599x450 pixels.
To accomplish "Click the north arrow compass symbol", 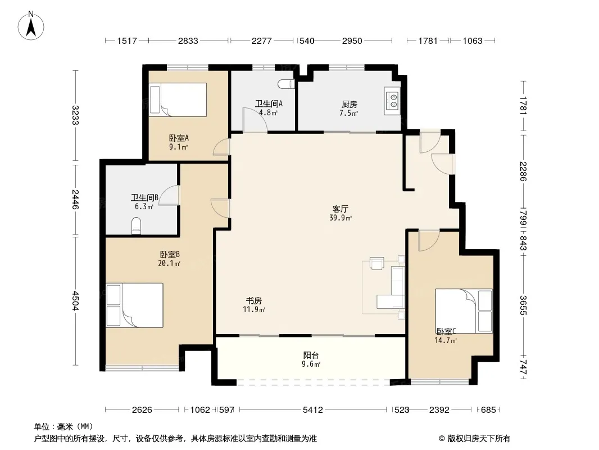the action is point(31,26).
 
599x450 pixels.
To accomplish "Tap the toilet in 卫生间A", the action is point(287,84).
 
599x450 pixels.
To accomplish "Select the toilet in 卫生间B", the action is point(137,226).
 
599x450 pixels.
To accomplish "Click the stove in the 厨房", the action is point(392,100).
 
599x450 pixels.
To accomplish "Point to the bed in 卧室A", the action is point(178,100).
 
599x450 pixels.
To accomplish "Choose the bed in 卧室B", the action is point(134,305).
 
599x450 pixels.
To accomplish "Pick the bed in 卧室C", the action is point(464,311).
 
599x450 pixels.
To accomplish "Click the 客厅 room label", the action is point(340,209).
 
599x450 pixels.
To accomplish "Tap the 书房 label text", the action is point(253,301).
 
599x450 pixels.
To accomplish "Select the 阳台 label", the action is point(311,355).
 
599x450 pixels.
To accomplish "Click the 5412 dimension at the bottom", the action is point(313,410).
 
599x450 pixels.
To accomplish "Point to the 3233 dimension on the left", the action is point(75,115).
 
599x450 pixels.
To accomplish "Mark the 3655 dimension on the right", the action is point(523,305).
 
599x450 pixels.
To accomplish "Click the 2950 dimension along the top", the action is point(352,40).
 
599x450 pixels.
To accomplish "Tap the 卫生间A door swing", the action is point(255,120).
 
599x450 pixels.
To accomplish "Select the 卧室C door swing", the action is point(429,241).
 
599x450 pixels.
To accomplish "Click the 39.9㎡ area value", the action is point(341,218).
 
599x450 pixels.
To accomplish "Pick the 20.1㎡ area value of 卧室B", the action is point(169,263).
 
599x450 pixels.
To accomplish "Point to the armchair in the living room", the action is point(376,263).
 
